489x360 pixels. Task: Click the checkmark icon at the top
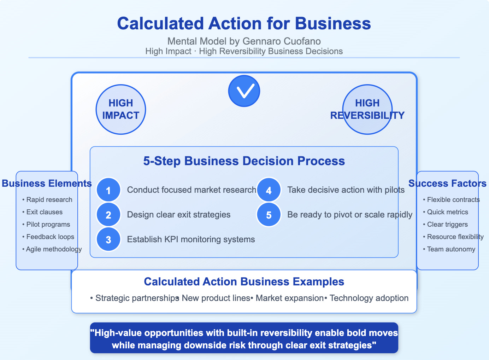pos(244,91)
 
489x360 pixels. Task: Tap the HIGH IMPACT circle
pos(121,109)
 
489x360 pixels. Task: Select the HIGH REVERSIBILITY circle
pos(367,109)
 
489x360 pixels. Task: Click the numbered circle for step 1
pos(108,190)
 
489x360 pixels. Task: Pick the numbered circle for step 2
pos(108,215)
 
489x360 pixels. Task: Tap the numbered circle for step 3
pos(108,239)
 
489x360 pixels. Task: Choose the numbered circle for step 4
pos(269,190)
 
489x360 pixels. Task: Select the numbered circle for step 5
pos(269,215)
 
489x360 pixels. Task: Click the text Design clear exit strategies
pos(179,215)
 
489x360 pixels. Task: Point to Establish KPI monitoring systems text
pos(191,239)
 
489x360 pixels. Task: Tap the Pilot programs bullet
pos(48,225)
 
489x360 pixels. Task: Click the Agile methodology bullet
pos(54,249)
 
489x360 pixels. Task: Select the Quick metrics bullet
pos(447,212)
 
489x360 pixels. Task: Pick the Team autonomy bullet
pos(451,249)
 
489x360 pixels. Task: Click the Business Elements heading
pos(47,184)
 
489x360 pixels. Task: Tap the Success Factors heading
pos(447,184)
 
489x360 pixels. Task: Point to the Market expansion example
pos(289,298)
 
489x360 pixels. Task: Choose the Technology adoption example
pos(369,298)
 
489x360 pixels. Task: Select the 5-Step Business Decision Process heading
pos(244,161)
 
